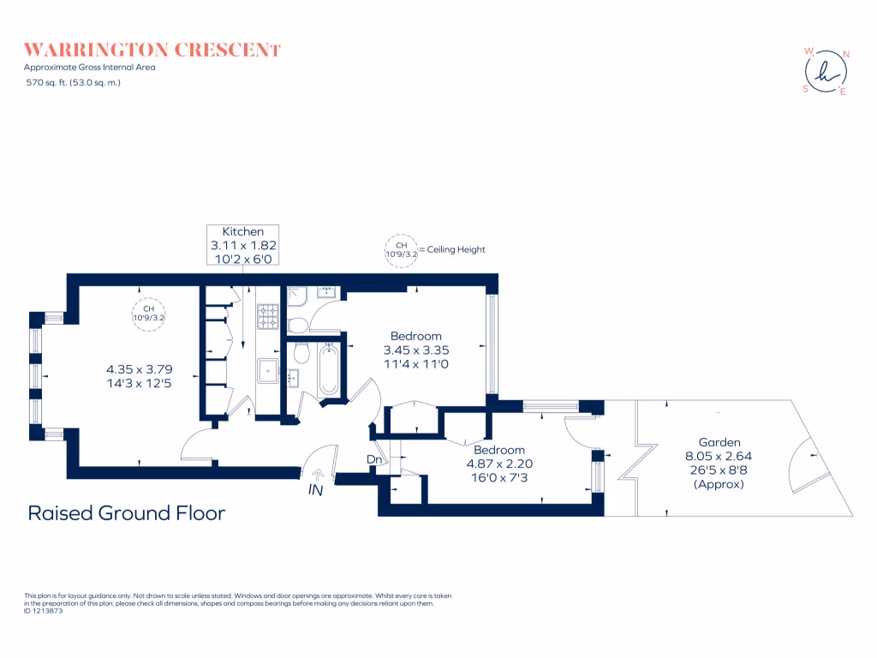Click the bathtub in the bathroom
tap(328, 370)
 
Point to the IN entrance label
tap(316, 491)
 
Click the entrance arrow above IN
tap(318, 473)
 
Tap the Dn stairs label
tap(374, 460)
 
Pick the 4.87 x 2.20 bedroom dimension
tap(499, 464)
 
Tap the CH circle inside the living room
tap(148, 313)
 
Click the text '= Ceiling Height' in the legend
tap(450, 249)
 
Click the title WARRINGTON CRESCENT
tap(152, 49)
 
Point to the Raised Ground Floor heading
tap(127, 513)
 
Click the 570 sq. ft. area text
tap(72, 82)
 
